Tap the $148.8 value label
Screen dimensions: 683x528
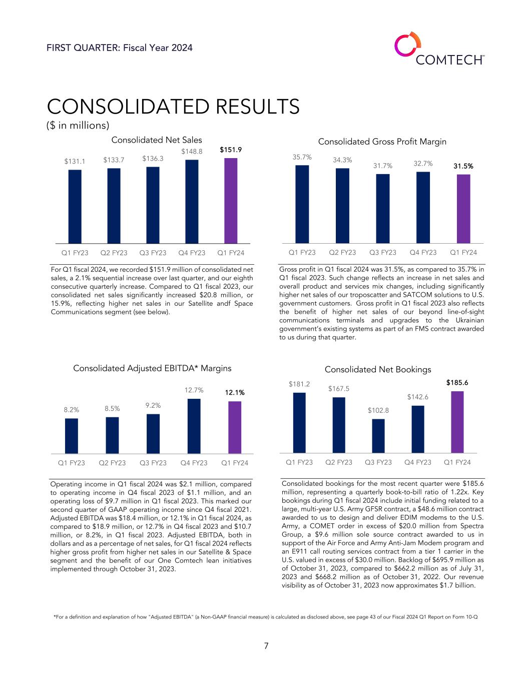(192, 151)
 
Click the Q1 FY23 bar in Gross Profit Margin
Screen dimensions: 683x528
(302, 204)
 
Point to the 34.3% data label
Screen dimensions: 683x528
(342, 160)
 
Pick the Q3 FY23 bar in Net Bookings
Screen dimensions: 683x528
(378, 435)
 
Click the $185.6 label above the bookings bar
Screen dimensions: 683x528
(457, 382)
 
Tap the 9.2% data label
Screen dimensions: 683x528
(153, 405)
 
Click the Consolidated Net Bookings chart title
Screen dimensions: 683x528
(378, 369)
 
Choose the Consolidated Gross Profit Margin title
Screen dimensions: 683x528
(382, 142)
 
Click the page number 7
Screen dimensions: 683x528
(266, 646)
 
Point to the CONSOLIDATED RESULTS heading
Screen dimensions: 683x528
(173, 106)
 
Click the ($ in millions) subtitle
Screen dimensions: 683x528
(78, 125)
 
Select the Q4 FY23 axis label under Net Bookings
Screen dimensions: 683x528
(417, 462)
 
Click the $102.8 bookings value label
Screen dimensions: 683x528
(378, 410)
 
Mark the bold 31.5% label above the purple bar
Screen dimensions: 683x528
(463, 166)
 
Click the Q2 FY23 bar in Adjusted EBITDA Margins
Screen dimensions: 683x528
(112, 435)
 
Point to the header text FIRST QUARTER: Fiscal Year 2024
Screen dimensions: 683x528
(120, 48)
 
